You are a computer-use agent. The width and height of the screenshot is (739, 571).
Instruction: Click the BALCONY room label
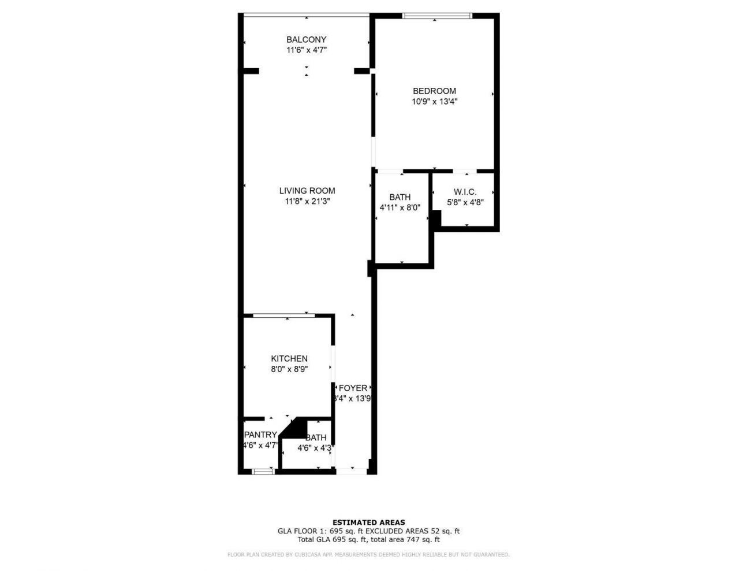pos(306,39)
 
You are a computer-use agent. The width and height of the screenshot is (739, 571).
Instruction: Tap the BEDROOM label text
pos(434,91)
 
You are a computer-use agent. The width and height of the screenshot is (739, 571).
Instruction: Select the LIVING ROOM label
pos(307,191)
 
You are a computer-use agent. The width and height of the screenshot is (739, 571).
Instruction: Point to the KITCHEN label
pos(289,358)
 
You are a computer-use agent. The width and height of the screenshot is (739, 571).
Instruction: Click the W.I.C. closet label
pos(465,192)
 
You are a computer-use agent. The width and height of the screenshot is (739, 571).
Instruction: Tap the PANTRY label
pos(260,435)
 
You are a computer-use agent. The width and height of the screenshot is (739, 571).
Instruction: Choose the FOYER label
pos(353,388)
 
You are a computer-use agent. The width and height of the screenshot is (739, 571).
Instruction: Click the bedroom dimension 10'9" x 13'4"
pos(434,101)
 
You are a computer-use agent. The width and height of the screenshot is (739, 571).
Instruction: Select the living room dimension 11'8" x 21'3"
pos(307,201)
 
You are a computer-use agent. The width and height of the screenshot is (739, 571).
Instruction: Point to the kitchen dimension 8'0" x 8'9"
pos(289,369)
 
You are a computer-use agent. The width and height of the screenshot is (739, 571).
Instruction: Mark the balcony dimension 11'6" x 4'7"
pos(306,50)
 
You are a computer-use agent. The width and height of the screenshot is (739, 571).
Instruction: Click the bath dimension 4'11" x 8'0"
pos(400,207)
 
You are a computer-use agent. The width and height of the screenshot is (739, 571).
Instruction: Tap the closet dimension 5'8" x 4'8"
pos(465,202)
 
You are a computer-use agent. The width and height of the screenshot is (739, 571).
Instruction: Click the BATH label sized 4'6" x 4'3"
pos(316,437)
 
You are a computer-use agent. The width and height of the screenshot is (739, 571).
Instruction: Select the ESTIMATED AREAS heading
pos(368,522)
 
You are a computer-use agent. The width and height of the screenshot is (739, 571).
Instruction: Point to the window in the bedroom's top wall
pos(437,16)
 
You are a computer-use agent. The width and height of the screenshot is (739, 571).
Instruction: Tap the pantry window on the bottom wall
pos(263,472)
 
